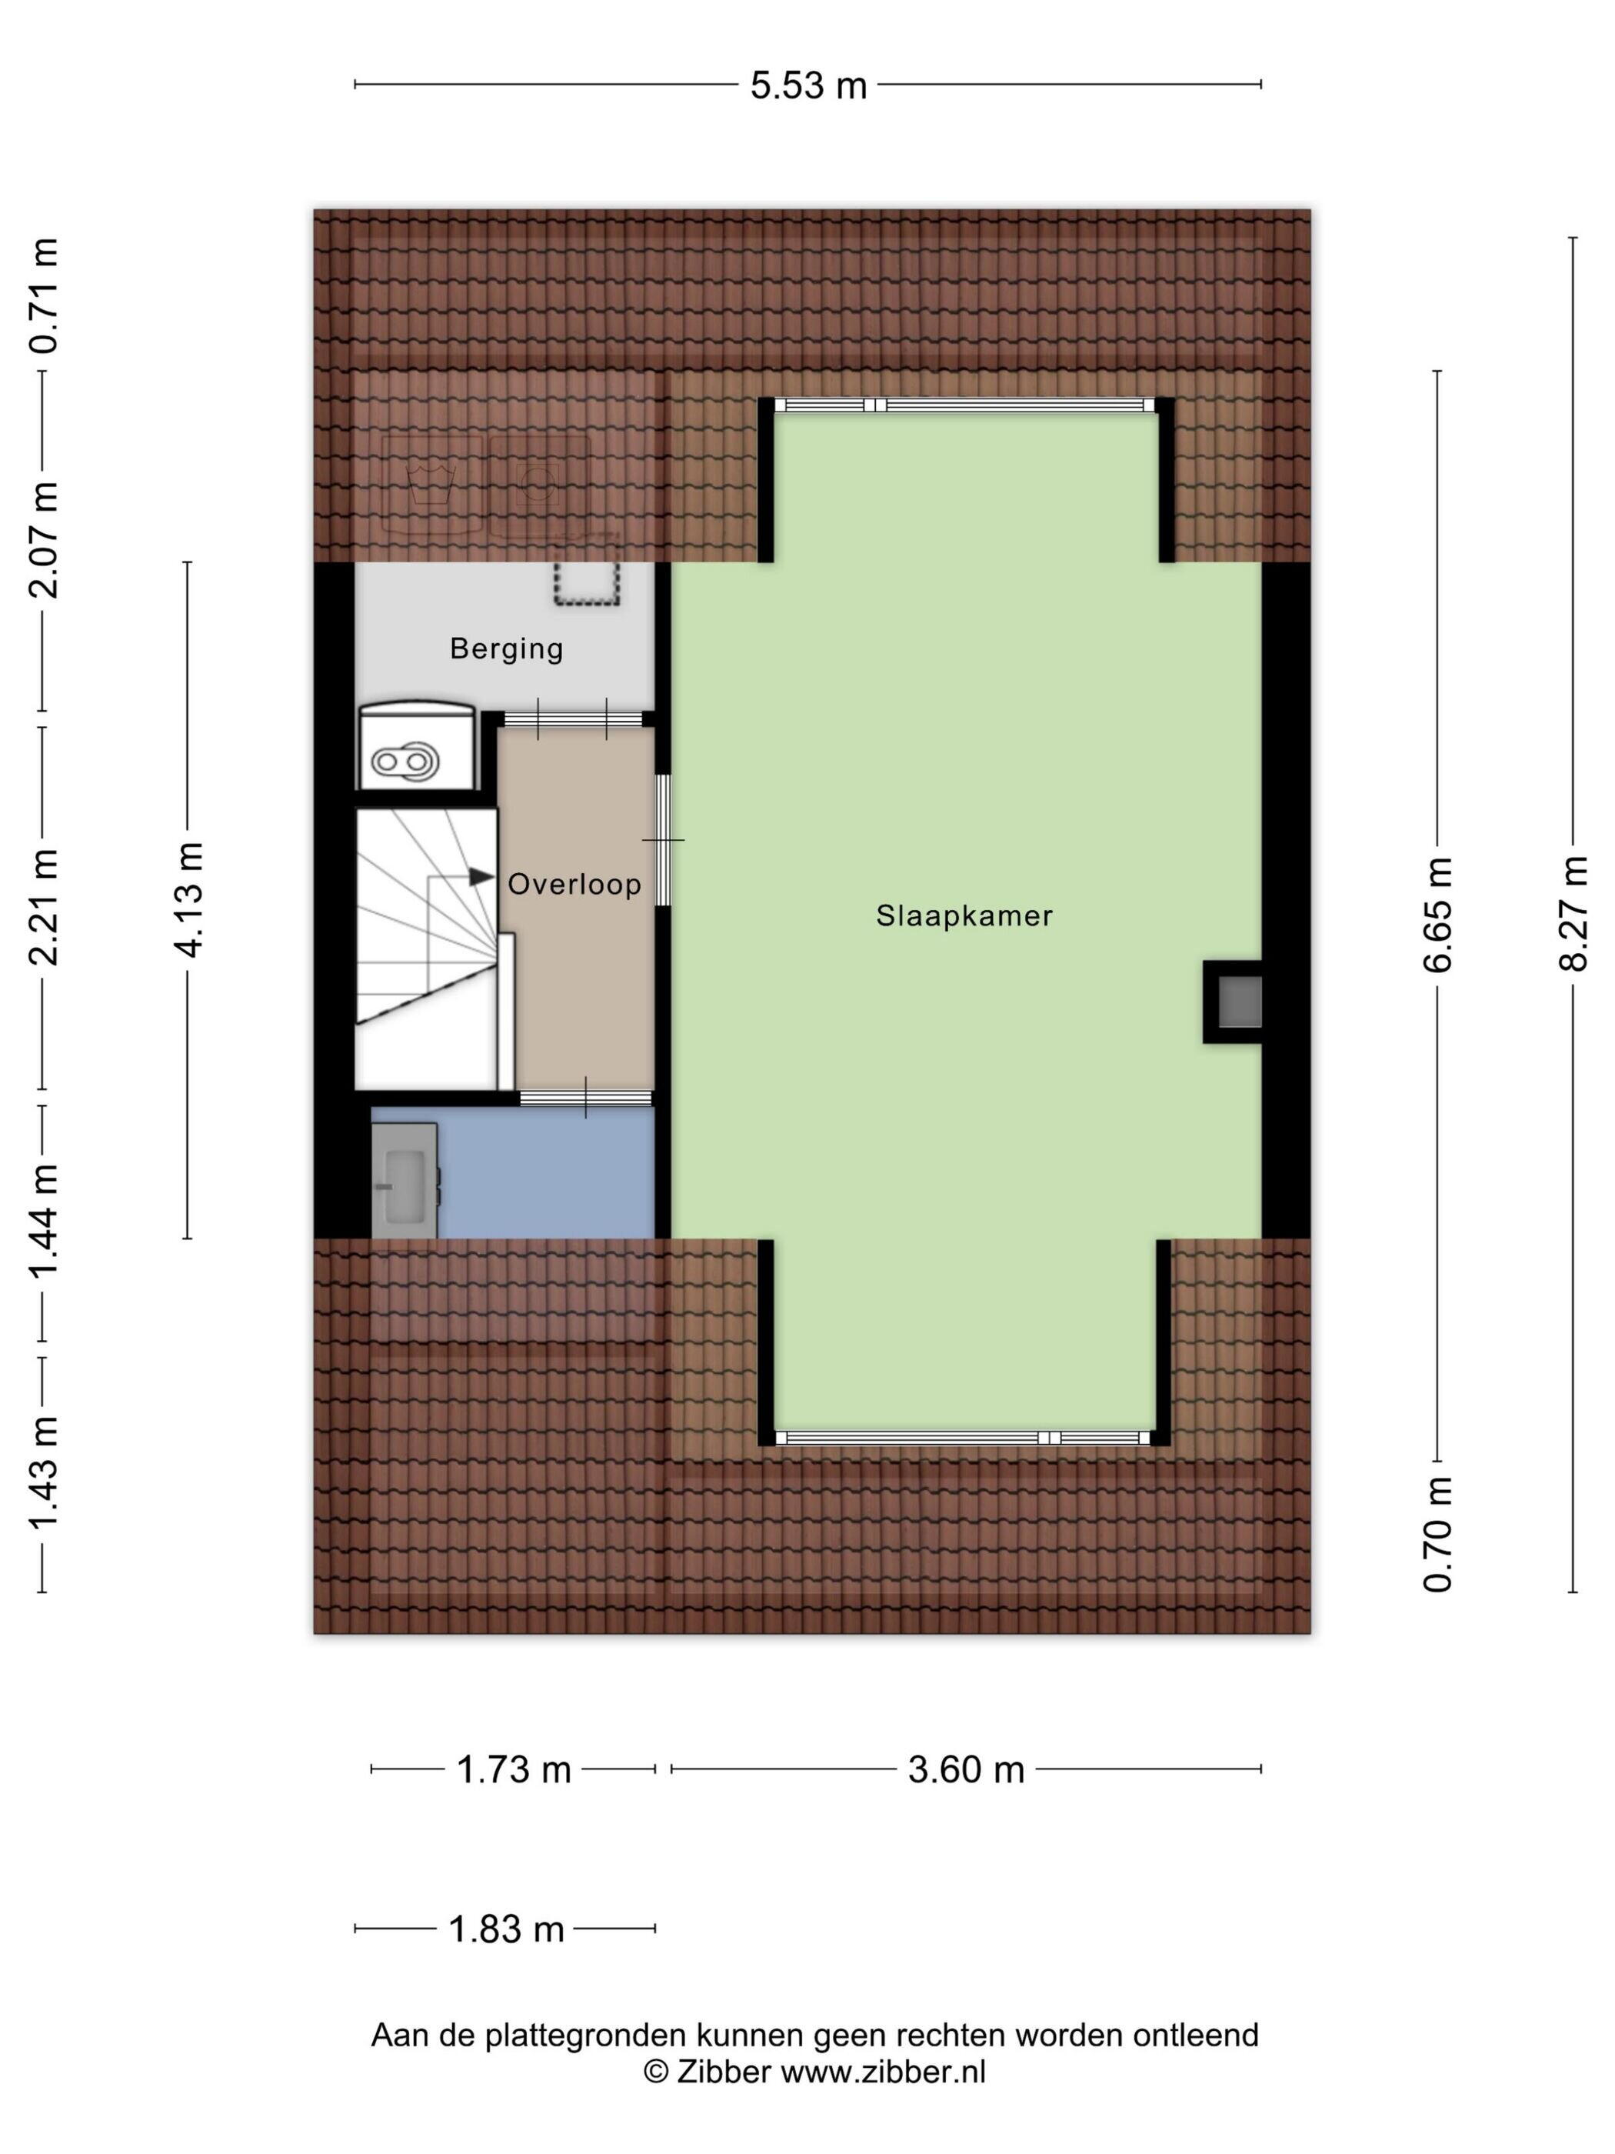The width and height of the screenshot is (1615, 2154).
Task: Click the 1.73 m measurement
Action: [513, 1769]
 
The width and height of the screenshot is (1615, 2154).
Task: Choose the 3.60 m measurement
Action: [966, 1769]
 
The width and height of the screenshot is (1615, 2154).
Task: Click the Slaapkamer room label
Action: [964, 915]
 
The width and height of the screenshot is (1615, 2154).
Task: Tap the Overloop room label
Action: [574, 884]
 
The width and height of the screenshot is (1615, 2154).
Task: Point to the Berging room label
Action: [506, 649]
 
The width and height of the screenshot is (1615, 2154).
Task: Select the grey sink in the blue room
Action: [405, 1181]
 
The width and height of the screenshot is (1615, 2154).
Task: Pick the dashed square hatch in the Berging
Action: [587, 583]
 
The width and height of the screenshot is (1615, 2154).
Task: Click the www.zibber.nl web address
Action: [883, 2071]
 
